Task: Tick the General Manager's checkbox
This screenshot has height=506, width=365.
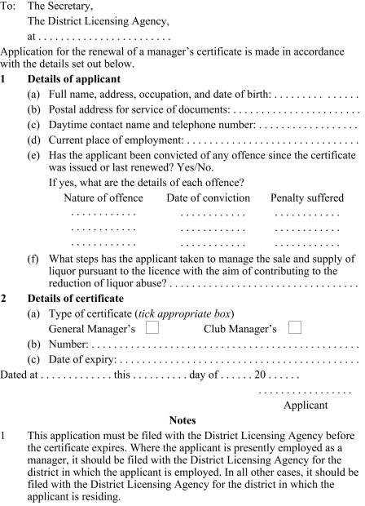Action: point(152,327)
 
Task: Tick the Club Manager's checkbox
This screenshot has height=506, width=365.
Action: point(295,327)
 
